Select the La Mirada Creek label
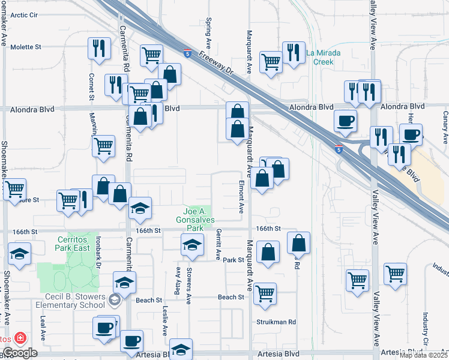324,57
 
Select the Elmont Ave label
241,197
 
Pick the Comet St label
92,86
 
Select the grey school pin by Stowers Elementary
115,298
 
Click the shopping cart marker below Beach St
264,293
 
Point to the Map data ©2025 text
423,355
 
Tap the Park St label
234,260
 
